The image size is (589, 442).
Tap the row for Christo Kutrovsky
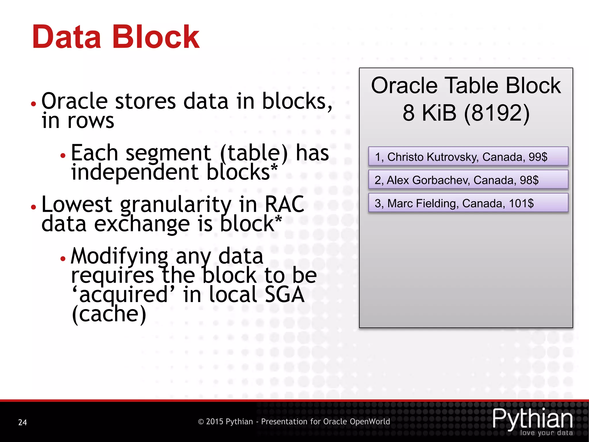pos(468,157)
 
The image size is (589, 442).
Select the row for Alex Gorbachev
pos(468,180)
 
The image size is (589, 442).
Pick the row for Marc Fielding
pos(468,203)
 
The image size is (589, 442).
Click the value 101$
pos(521,203)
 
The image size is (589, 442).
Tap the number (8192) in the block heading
pos(497,113)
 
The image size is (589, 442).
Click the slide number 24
pos(22,422)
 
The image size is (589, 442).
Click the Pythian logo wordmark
pos(532,419)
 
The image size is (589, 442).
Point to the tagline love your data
pos(546,433)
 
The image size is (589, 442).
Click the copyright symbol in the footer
pos(201,422)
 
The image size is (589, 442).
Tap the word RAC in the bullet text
pos(284,204)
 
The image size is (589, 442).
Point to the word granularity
pos(175,205)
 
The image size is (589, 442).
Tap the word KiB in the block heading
pos(439,113)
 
